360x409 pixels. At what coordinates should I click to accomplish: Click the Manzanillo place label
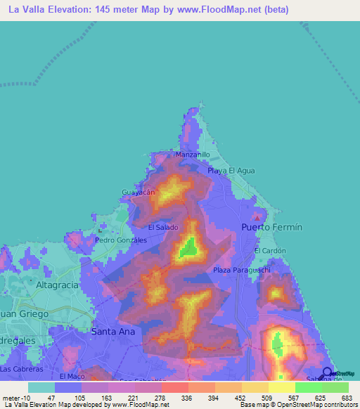click(x=192, y=154)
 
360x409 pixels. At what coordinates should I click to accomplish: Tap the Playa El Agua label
click(x=231, y=171)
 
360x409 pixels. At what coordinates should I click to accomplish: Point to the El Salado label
click(x=162, y=228)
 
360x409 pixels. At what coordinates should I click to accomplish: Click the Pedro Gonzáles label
click(x=120, y=240)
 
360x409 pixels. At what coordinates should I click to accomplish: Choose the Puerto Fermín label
click(x=271, y=228)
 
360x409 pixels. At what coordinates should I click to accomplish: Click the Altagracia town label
click(x=60, y=287)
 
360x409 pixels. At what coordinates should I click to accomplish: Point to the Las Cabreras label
click(x=22, y=368)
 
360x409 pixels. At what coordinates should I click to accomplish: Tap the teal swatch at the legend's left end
click(x=41, y=387)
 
